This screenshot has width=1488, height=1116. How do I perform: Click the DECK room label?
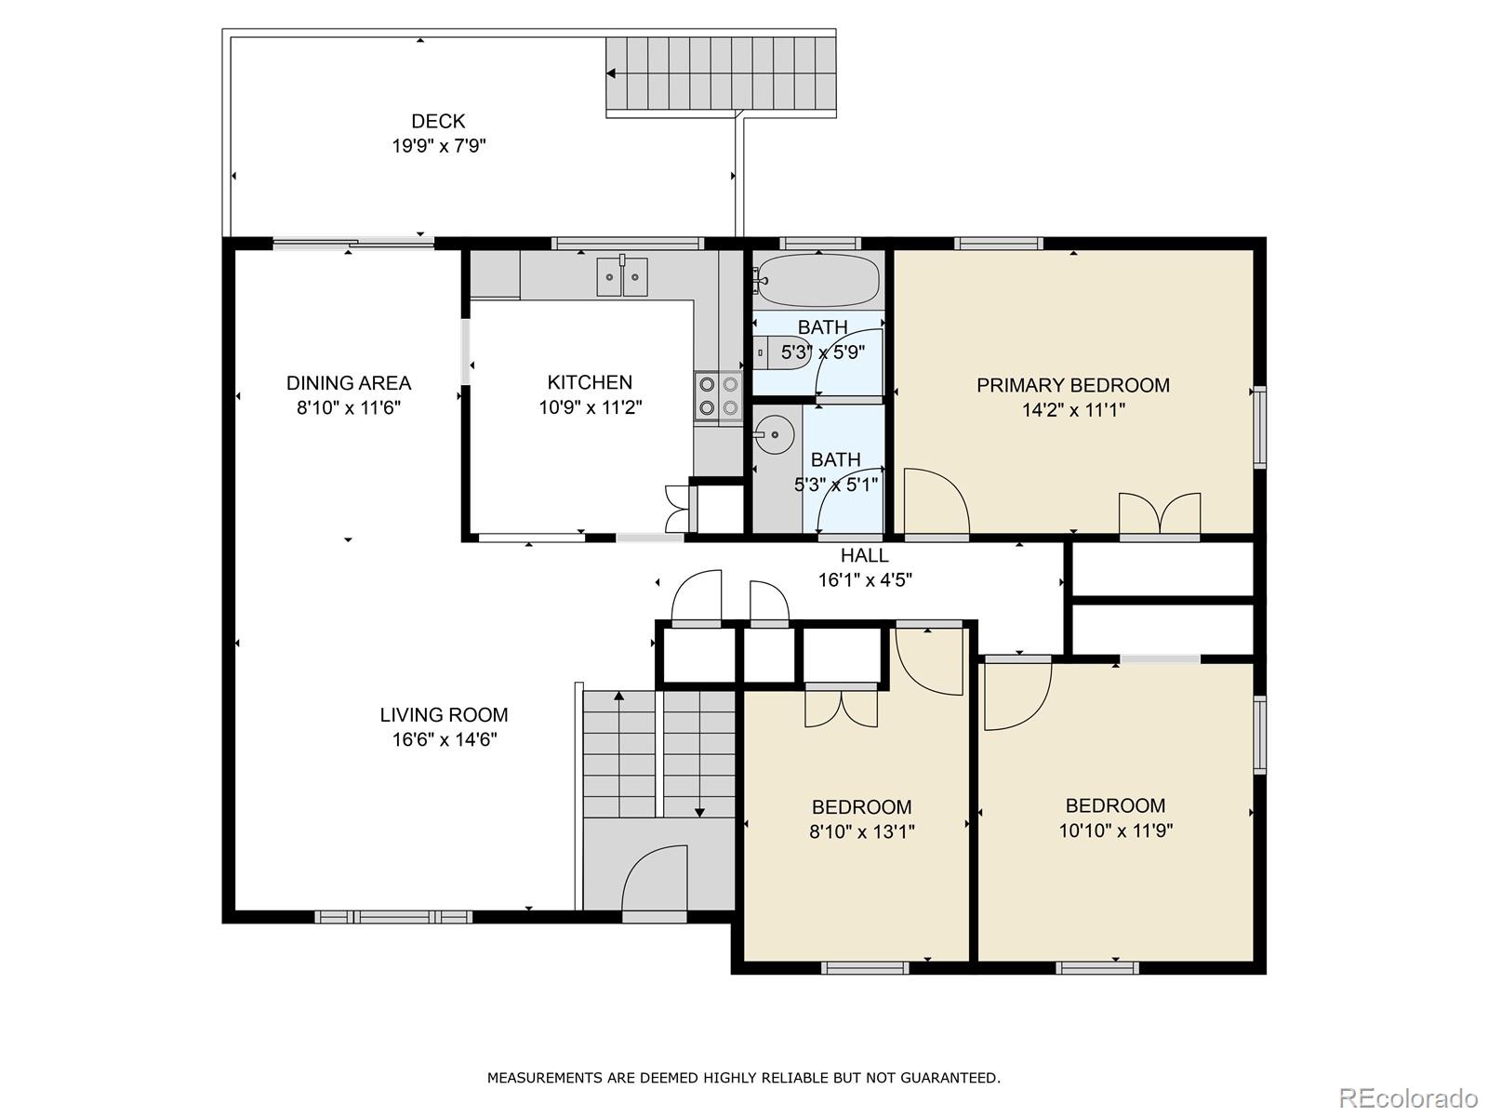pos(438,121)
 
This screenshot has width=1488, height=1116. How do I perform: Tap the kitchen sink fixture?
pos(622,276)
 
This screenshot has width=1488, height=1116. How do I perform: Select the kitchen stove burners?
pos(718,396)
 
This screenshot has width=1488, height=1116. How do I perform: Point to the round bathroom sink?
pos(775,435)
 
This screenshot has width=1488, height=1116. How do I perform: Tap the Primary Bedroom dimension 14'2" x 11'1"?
pos(1073,410)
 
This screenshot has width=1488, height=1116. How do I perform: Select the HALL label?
pos(864,555)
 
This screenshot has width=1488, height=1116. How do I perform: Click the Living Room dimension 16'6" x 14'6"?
pos(445,739)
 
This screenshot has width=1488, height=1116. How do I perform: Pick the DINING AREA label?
pos(349,383)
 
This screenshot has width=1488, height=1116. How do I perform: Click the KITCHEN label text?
pos(590,382)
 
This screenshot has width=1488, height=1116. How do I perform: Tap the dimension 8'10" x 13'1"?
pos(861,831)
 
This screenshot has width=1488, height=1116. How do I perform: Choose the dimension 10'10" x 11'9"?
pos(1116,830)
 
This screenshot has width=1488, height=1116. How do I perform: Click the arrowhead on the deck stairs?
pos(611,73)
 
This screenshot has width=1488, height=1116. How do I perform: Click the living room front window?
pos(393,917)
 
